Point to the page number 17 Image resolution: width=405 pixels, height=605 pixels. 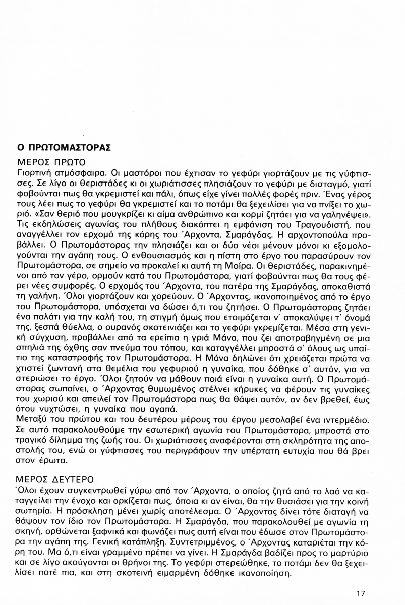pyautogui.click(x=360, y=593)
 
